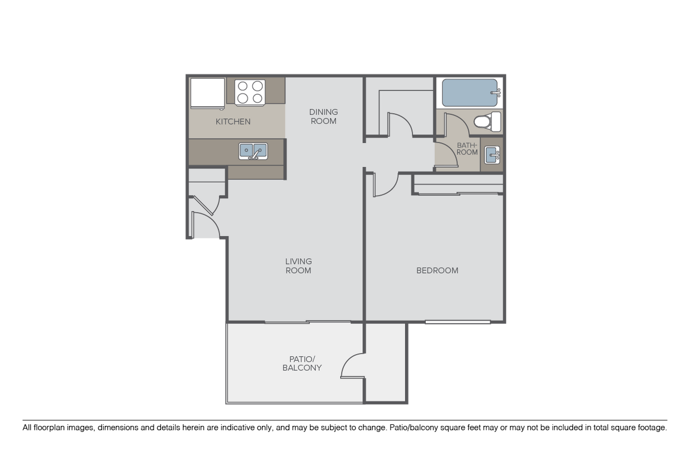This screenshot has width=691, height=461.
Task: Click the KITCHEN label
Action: [233, 122]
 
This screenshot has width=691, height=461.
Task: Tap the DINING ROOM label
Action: [324, 117]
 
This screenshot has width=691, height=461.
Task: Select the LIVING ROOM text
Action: [298, 266]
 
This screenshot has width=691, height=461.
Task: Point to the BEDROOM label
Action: [437, 270]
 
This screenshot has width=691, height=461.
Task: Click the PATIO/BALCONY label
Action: [302, 363]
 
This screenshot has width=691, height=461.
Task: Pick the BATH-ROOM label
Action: [467, 149]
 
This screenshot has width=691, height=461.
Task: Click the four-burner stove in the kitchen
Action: [249, 92]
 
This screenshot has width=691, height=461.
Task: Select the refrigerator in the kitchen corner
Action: [207, 93]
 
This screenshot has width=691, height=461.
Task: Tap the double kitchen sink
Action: [253, 151]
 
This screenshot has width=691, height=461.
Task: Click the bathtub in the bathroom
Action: [469, 93]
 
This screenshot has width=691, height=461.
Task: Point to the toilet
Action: [488, 121]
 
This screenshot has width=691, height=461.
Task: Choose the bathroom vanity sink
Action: [492, 154]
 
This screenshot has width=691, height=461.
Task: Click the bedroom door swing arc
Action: [385, 185]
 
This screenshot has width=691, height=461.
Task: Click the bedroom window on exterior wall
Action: [458, 322]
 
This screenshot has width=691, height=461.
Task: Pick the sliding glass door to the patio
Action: [308, 322]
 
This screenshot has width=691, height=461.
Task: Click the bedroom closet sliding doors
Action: [458, 193]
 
